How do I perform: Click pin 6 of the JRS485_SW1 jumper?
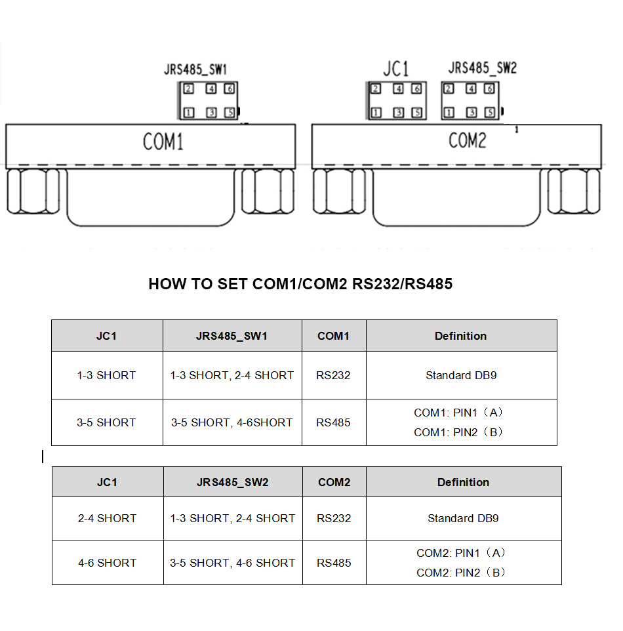tap(229, 89)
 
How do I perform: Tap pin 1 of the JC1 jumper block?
tap(376, 113)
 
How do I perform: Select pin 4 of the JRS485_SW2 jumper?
tap(471, 89)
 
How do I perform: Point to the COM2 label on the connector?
tap(468, 140)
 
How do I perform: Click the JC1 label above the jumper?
tap(395, 68)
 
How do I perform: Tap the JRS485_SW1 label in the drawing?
tap(195, 69)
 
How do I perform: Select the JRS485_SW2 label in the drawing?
tap(482, 68)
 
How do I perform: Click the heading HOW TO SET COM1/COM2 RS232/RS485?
tap(300, 284)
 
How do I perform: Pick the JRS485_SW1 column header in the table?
tap(231, 336)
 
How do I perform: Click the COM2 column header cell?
tap(334, 482)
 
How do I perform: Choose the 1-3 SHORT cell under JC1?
tap(106, 375)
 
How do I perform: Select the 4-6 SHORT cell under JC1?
tap(107, 563)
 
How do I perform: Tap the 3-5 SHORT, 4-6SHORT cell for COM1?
tap(231, 422)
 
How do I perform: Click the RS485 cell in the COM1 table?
tap(333, 422)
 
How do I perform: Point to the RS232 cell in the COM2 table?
tap(334, 518)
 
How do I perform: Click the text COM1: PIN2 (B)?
tap(458, 432)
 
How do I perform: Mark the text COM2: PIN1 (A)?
tap(461, 553)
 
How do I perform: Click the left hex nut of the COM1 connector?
tap(35, 191)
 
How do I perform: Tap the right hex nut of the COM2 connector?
tap(574, 191)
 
